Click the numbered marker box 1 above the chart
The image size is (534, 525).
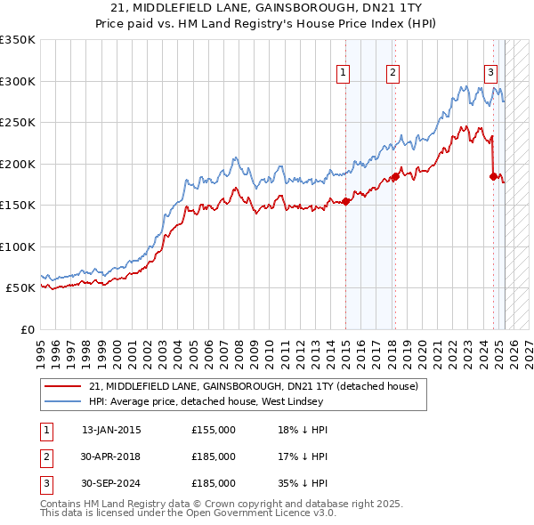[x=343, y=74]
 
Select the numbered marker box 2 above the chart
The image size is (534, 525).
[x=392, y=74]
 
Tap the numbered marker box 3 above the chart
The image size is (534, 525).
[x=490, y=74]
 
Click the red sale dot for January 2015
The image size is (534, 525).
[x=345, y=202]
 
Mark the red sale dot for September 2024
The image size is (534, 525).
[x=493, y=177]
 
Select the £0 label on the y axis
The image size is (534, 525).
[x=27, y=329]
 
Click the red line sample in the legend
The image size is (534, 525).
[x=63, y=386]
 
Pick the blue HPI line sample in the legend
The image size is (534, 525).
[x=63, y=401]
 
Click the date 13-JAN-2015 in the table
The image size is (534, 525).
[x=110, y=430]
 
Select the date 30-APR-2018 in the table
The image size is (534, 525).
[x=110, y=456]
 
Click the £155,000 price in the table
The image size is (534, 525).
[x=213, y=430]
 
